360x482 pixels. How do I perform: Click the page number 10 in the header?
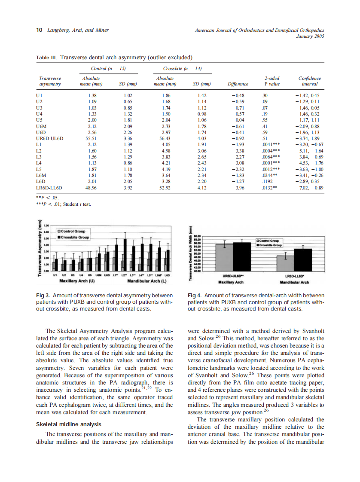point(39,30)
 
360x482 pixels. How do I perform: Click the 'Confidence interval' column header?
point(309,81)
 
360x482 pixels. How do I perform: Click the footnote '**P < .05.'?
point(48,198)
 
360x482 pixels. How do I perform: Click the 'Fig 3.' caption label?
point(44,296)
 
